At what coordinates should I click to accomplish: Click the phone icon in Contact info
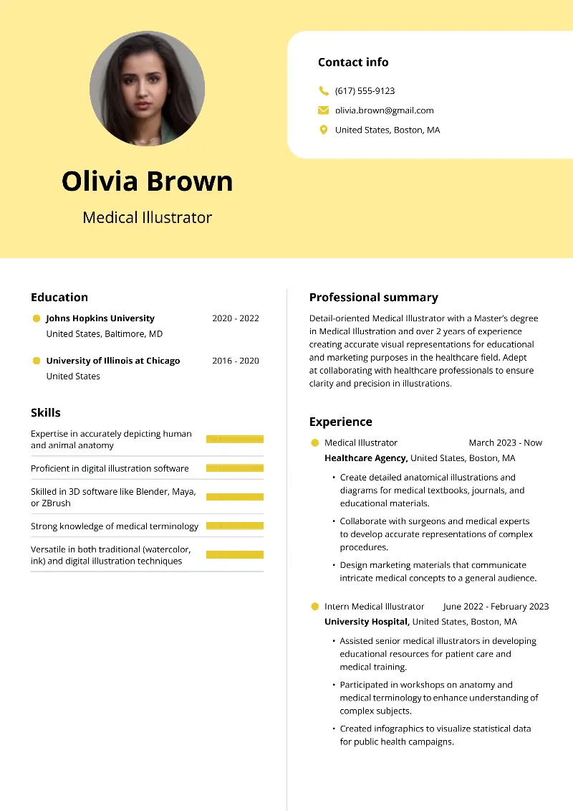(323, 91)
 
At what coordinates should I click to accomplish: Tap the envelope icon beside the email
(323, 110)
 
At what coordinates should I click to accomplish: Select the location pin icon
(323, 130)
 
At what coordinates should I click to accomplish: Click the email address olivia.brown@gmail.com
(384, 110)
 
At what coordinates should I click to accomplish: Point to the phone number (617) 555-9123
(365, 91)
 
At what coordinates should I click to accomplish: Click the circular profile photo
(147, 89)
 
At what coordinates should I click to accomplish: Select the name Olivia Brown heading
(147, 181)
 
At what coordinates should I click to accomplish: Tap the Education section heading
(59, 298)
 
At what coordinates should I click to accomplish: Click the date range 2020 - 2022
(235, 318)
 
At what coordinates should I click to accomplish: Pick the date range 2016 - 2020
(235, 361)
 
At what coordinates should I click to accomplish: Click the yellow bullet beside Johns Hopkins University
(37, 318)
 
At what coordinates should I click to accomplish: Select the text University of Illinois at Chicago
(113, 361)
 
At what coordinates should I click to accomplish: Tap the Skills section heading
(46, 413)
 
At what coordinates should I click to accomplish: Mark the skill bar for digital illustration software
(234, 468)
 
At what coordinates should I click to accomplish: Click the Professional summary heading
(373, 298)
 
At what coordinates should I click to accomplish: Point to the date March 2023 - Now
(505, 443)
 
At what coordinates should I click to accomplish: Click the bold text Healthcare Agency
(366, 458)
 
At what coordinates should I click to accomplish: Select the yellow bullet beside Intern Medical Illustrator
(314, 607)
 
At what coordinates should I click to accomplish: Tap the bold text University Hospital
(367, 622)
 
